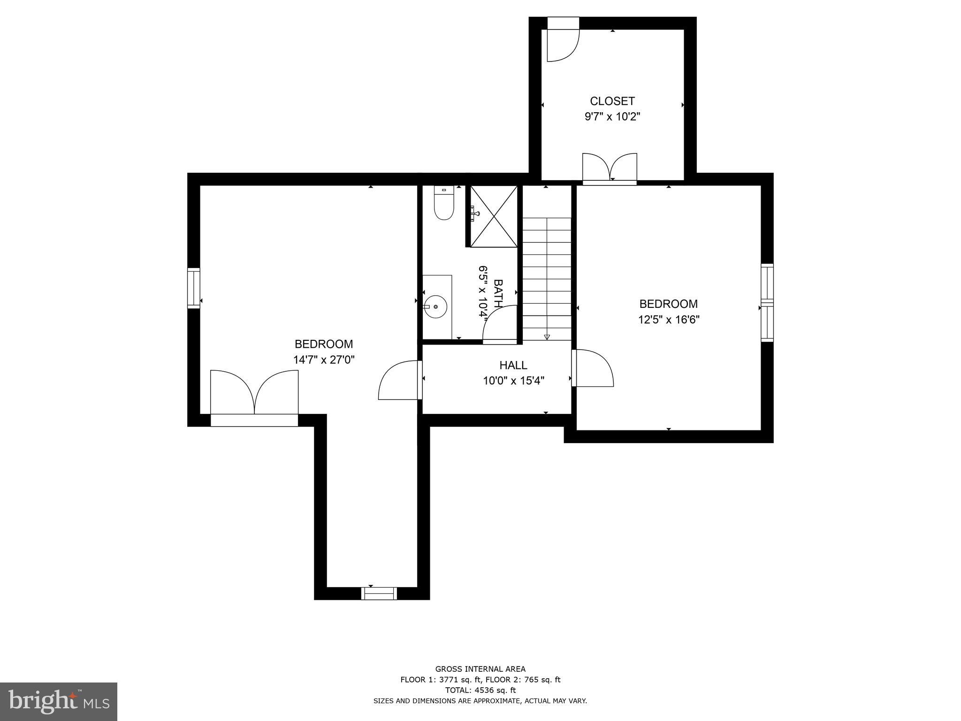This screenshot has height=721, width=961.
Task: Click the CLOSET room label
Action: pos(612,101)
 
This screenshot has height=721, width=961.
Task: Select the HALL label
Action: pos(513,365)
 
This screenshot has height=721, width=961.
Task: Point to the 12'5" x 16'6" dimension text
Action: pos(668,320)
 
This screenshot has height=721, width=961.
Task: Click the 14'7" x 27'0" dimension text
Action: pos(323,360)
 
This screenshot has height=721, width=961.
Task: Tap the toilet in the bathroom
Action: pos(443,204)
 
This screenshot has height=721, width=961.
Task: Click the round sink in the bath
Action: pos(436,307)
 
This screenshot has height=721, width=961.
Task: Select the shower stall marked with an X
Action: pos(494,216)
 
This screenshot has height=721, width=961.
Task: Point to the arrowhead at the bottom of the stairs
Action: pos(547,337)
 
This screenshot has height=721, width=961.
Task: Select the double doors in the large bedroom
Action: pos(254,394)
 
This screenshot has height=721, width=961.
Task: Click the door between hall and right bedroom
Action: pos(593,368)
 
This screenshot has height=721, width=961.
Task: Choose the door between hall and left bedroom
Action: pos(399,380)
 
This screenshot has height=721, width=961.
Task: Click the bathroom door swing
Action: pos(500,324)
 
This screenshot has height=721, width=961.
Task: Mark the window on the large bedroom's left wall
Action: pos(193,288)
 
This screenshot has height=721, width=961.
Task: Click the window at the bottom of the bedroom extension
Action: pos(379,593)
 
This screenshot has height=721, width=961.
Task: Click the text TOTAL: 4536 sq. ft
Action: pos(480,690)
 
